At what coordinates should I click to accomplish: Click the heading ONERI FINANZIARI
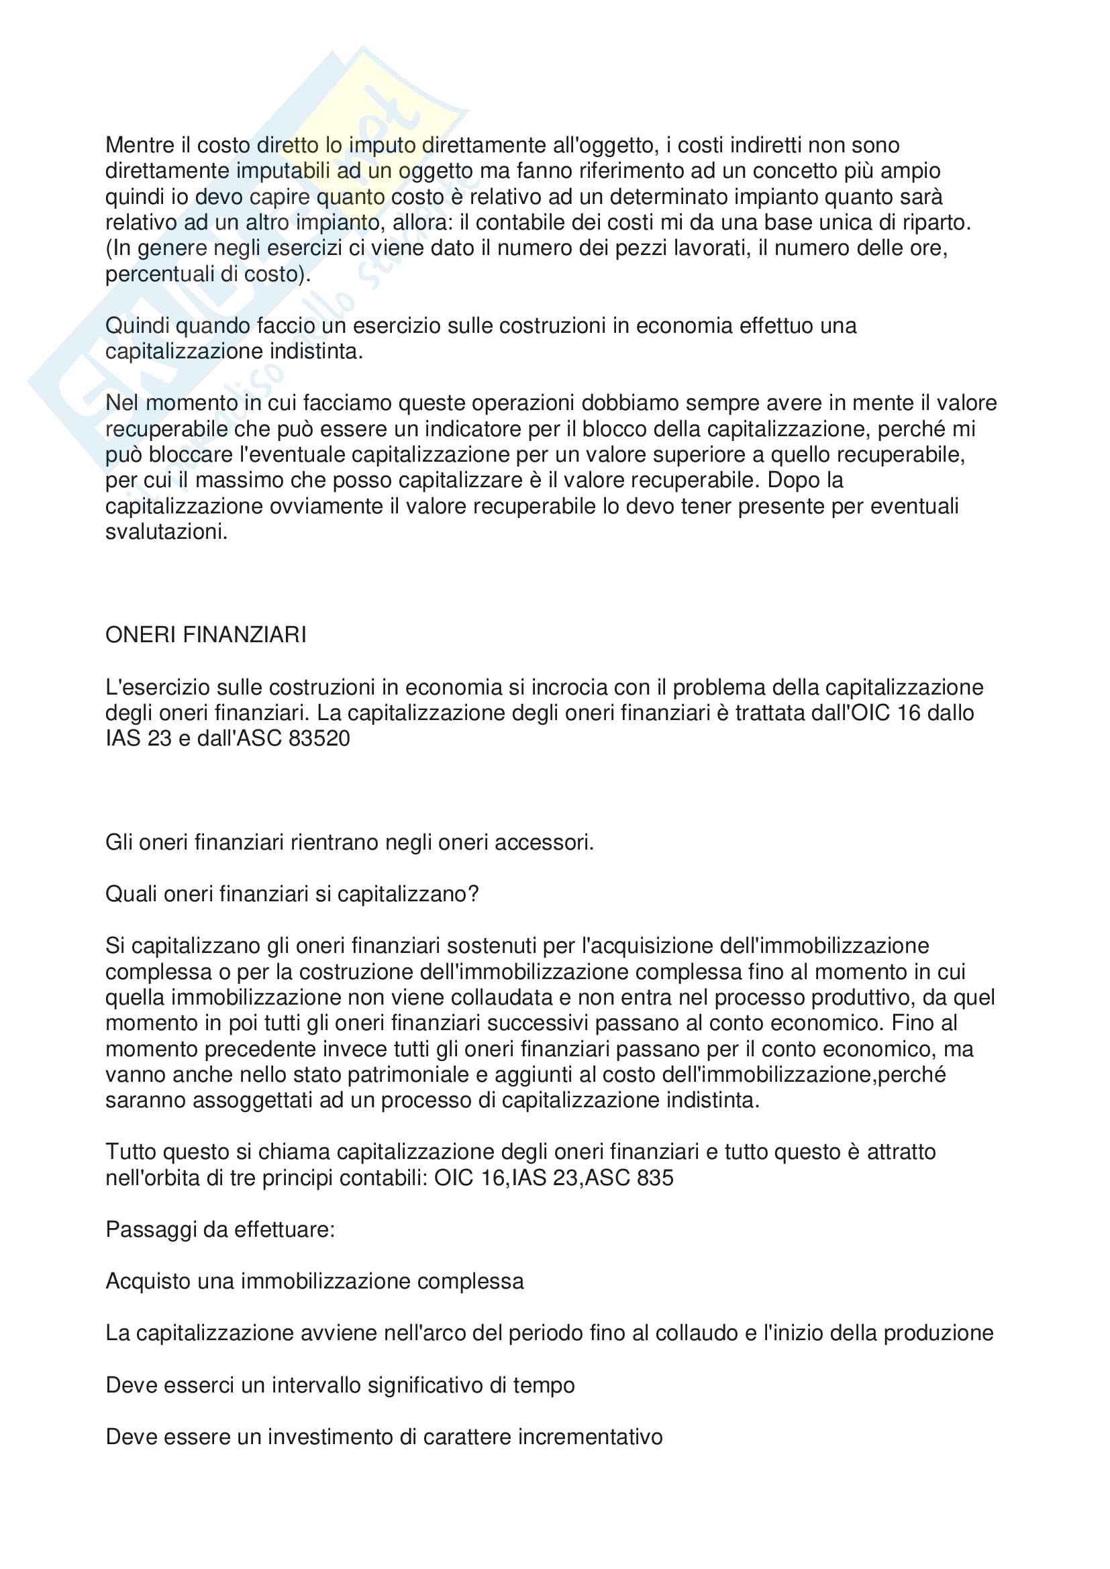[206, 635]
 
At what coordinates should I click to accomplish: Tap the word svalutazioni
[166, 532]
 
